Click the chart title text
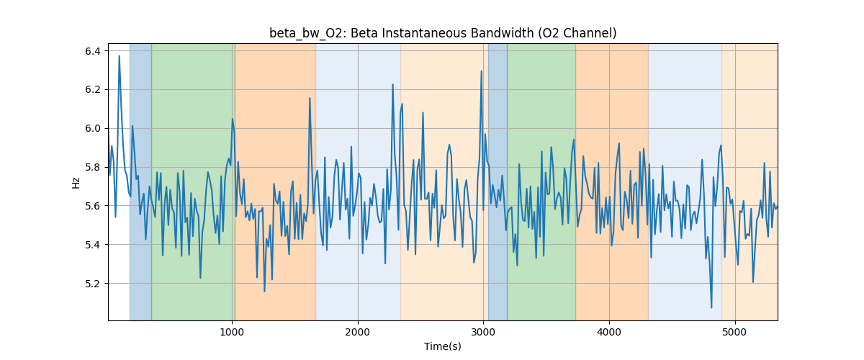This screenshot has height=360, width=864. (x=443, y=33)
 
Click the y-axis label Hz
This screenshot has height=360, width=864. (x=76, y=182)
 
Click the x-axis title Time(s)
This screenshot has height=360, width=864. (x=443, y=346)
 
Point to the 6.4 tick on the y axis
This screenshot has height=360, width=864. (x=93, y=51)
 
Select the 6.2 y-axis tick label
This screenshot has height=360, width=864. (x=93, y=90)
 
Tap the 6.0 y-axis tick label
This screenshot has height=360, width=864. (x=93, y=129)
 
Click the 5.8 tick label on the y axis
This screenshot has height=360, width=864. (x=93, y=167)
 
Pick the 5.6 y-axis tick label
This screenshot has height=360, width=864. (x=93, y=206)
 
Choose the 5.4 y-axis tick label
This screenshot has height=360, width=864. (x=93, y=245)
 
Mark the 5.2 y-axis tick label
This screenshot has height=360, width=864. (x=93, y=284)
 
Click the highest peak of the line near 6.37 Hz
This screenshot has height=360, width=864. (x=120, y=55)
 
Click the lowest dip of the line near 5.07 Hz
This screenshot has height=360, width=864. (x=711, y=307)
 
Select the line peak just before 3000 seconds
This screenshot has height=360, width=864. (x=482, y=71)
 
